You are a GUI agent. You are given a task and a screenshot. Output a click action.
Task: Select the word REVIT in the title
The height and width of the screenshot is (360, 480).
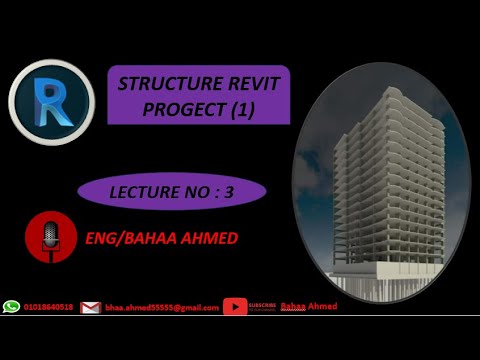[x=251, y=85]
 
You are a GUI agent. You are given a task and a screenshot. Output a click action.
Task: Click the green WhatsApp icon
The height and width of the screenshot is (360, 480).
[x=12, y=307]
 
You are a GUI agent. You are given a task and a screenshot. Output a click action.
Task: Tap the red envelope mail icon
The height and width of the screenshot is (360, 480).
[x=91, y=308]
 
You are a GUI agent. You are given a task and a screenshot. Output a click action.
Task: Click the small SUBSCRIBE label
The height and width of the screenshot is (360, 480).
[x=262, y=304]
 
